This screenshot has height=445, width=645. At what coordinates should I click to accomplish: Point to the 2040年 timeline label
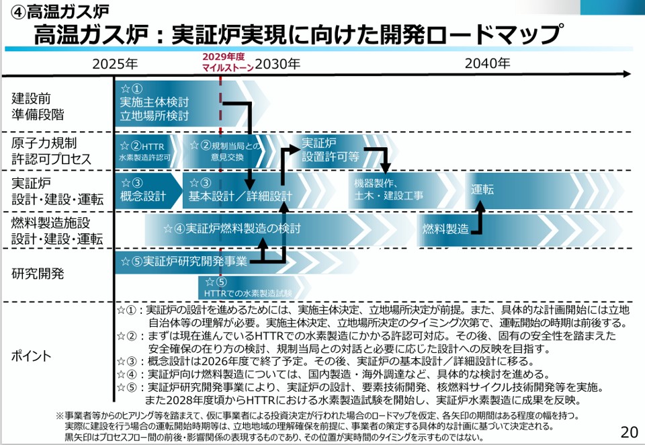coord(488,64)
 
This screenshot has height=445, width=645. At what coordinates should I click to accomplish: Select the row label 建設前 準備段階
coord(38,106)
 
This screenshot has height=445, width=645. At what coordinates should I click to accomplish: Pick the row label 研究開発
coord(38,274)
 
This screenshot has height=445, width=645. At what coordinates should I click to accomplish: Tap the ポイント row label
coord(32,356)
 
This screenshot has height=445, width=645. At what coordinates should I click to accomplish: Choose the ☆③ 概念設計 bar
coord(144,191)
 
